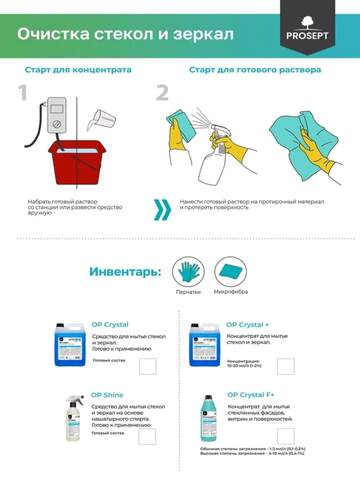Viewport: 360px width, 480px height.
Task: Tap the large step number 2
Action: (161, 94)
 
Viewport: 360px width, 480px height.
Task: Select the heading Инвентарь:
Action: (123, 271)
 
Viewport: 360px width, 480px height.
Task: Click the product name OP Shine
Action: (108, 396)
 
